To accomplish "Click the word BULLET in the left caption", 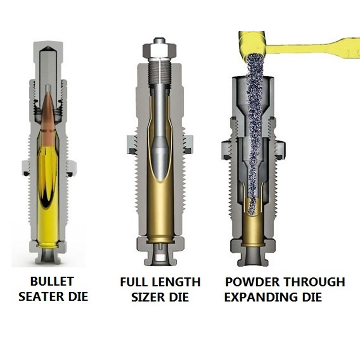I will pos(47,281).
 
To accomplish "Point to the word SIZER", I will pos(148,297).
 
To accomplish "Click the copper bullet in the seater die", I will pos(48,115).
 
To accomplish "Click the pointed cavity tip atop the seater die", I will pos(48,49).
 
